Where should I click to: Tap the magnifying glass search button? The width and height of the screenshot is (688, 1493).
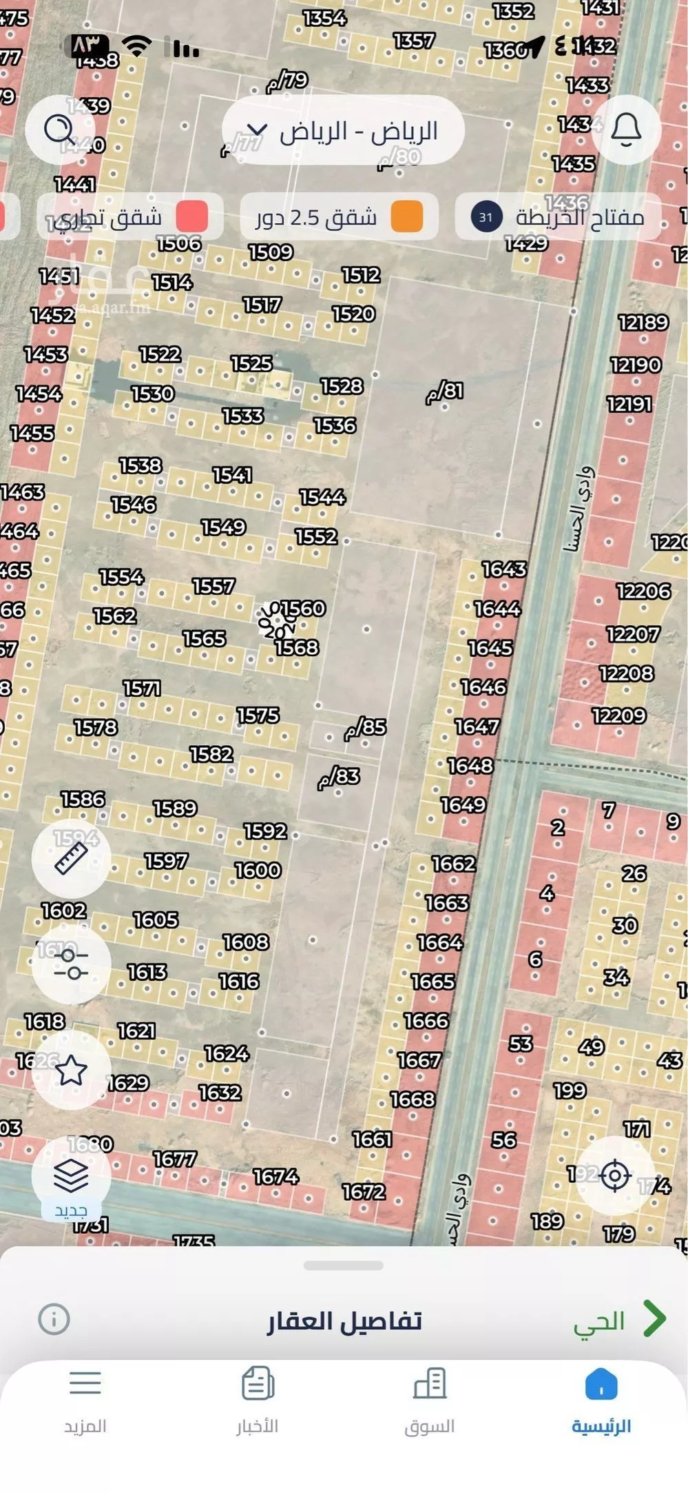coord(59,130)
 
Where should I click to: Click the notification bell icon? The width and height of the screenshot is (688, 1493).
coord(626,130)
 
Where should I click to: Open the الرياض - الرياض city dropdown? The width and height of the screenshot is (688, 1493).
coord(343,131)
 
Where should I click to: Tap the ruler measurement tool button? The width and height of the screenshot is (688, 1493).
coord(71,859)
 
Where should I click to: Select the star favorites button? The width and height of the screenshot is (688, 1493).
coord(71,1070)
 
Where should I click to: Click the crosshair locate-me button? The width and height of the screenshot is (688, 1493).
coord(615,1176)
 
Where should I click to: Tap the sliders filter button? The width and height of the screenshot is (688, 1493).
coord(71,964)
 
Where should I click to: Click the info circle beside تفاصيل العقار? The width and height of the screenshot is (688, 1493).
coord(54,1319)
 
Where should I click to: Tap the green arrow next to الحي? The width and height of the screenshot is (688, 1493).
coord(654,1319)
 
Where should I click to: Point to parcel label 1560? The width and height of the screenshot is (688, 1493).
coord(304,609)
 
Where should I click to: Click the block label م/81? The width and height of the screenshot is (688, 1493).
coord(445,392)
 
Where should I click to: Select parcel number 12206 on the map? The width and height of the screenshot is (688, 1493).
coord(643,591)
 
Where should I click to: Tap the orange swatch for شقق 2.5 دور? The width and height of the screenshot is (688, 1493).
coord(406,217)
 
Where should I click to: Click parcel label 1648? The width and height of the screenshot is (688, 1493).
coord(470,766)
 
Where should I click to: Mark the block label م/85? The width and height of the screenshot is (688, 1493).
coord(366,727)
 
